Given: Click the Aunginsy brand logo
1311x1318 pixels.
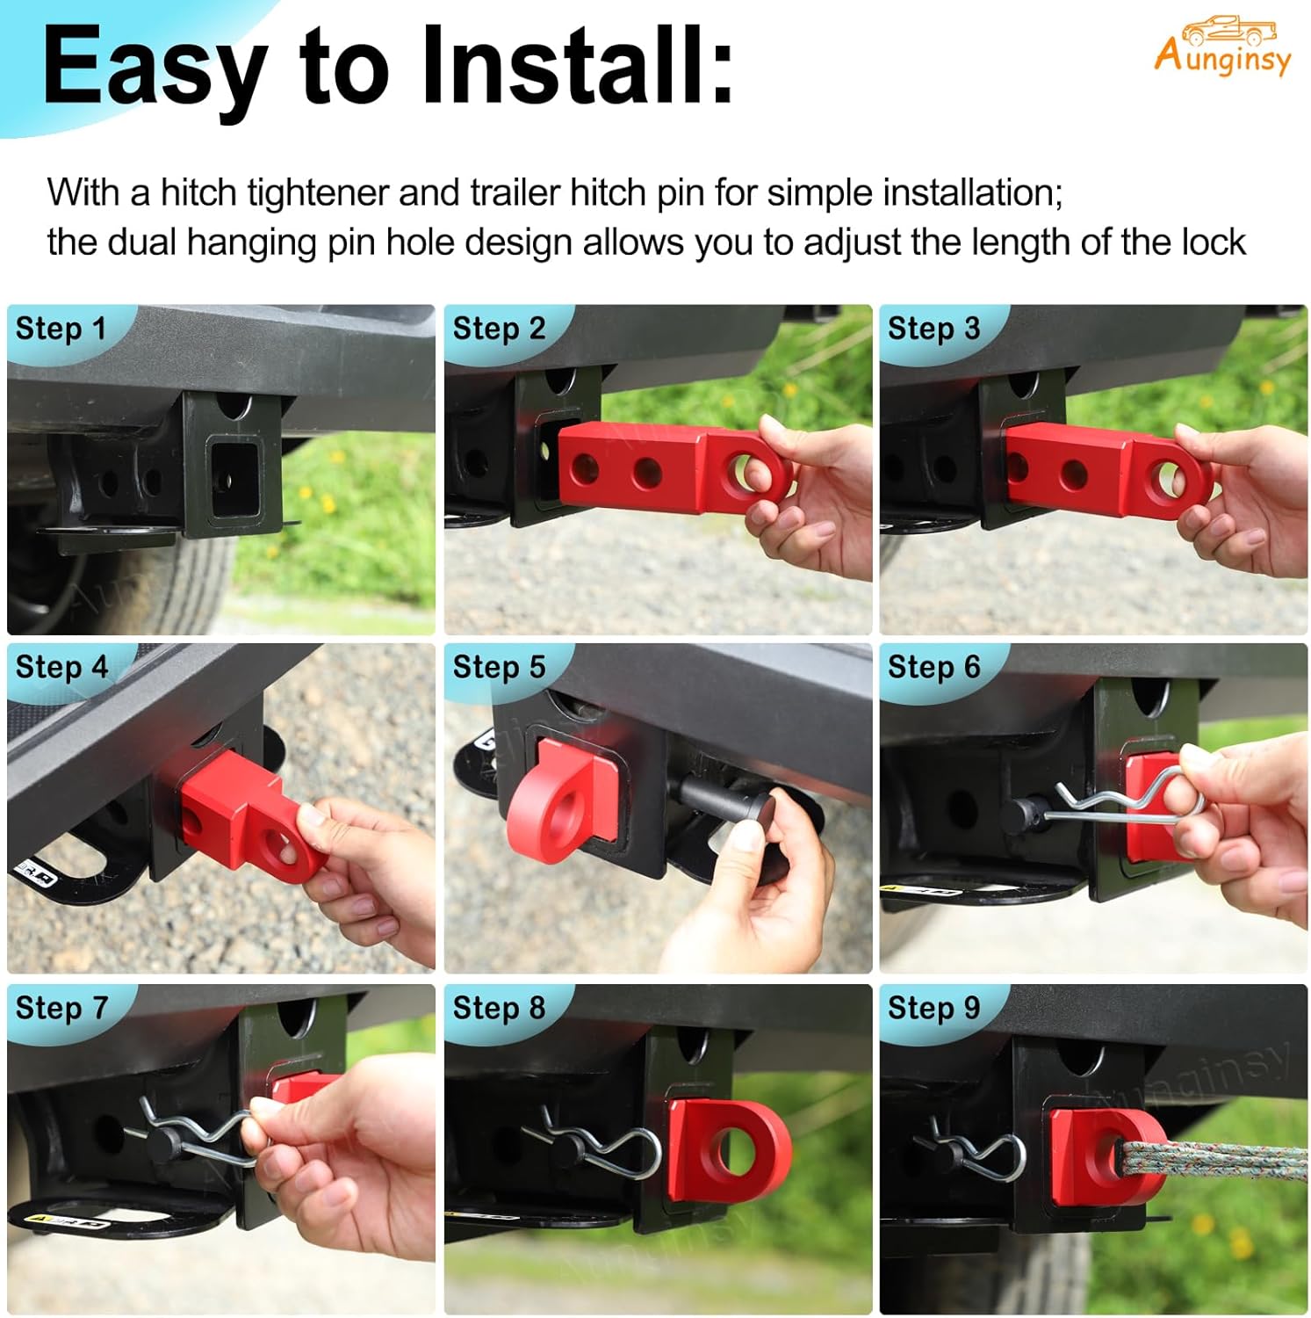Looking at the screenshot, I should click(x=1222, y=47).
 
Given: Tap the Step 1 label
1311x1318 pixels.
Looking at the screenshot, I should click(x=61, y=329).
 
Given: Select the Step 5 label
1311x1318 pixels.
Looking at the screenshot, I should click(x=499, y=667).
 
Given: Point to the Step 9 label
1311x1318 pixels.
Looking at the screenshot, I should click(x=933, y=1008).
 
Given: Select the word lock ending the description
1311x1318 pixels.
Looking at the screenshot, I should click(x=1213, y=243).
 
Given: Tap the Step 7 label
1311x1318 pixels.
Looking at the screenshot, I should click(x=61, y=1008).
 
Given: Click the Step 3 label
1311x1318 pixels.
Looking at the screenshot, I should click(x=933, y=329).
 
